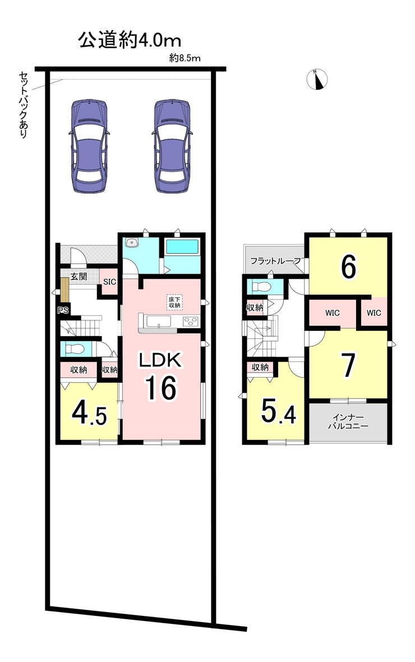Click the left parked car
coord(89,146)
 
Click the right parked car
coord(172,146)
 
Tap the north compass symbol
coord(317,79)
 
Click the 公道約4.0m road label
coord(130,40)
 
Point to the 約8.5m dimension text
coord(185,59)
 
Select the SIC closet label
coord(109,282)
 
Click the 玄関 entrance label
coord(79,277)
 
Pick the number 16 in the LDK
coord(160,388)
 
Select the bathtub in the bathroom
coord(182,247)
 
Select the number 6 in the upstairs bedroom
coord(348,267)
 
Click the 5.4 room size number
coord(278,411)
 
